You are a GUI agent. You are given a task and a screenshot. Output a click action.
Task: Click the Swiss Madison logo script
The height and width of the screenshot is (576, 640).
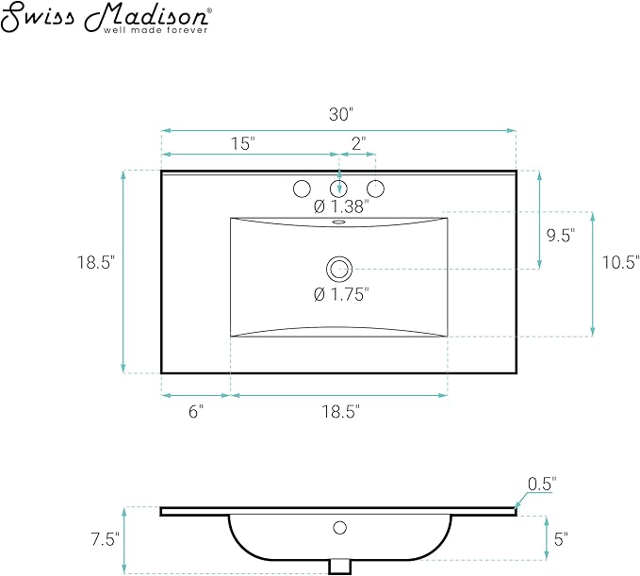coord(106,16)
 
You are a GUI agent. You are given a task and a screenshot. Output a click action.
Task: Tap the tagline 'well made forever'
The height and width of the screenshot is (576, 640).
coord(156,30)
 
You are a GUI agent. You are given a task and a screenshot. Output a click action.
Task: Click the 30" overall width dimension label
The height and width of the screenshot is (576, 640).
coord(341,115)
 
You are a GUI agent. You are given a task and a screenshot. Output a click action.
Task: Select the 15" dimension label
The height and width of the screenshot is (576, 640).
coord(243,143)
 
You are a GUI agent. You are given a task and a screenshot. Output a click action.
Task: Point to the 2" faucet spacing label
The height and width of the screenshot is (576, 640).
coord(358,143)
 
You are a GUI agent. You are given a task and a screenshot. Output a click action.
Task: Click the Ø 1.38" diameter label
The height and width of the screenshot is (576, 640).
coord(341,206)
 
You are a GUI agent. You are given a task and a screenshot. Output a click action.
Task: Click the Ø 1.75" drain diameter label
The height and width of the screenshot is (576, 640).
coord(341,294)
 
